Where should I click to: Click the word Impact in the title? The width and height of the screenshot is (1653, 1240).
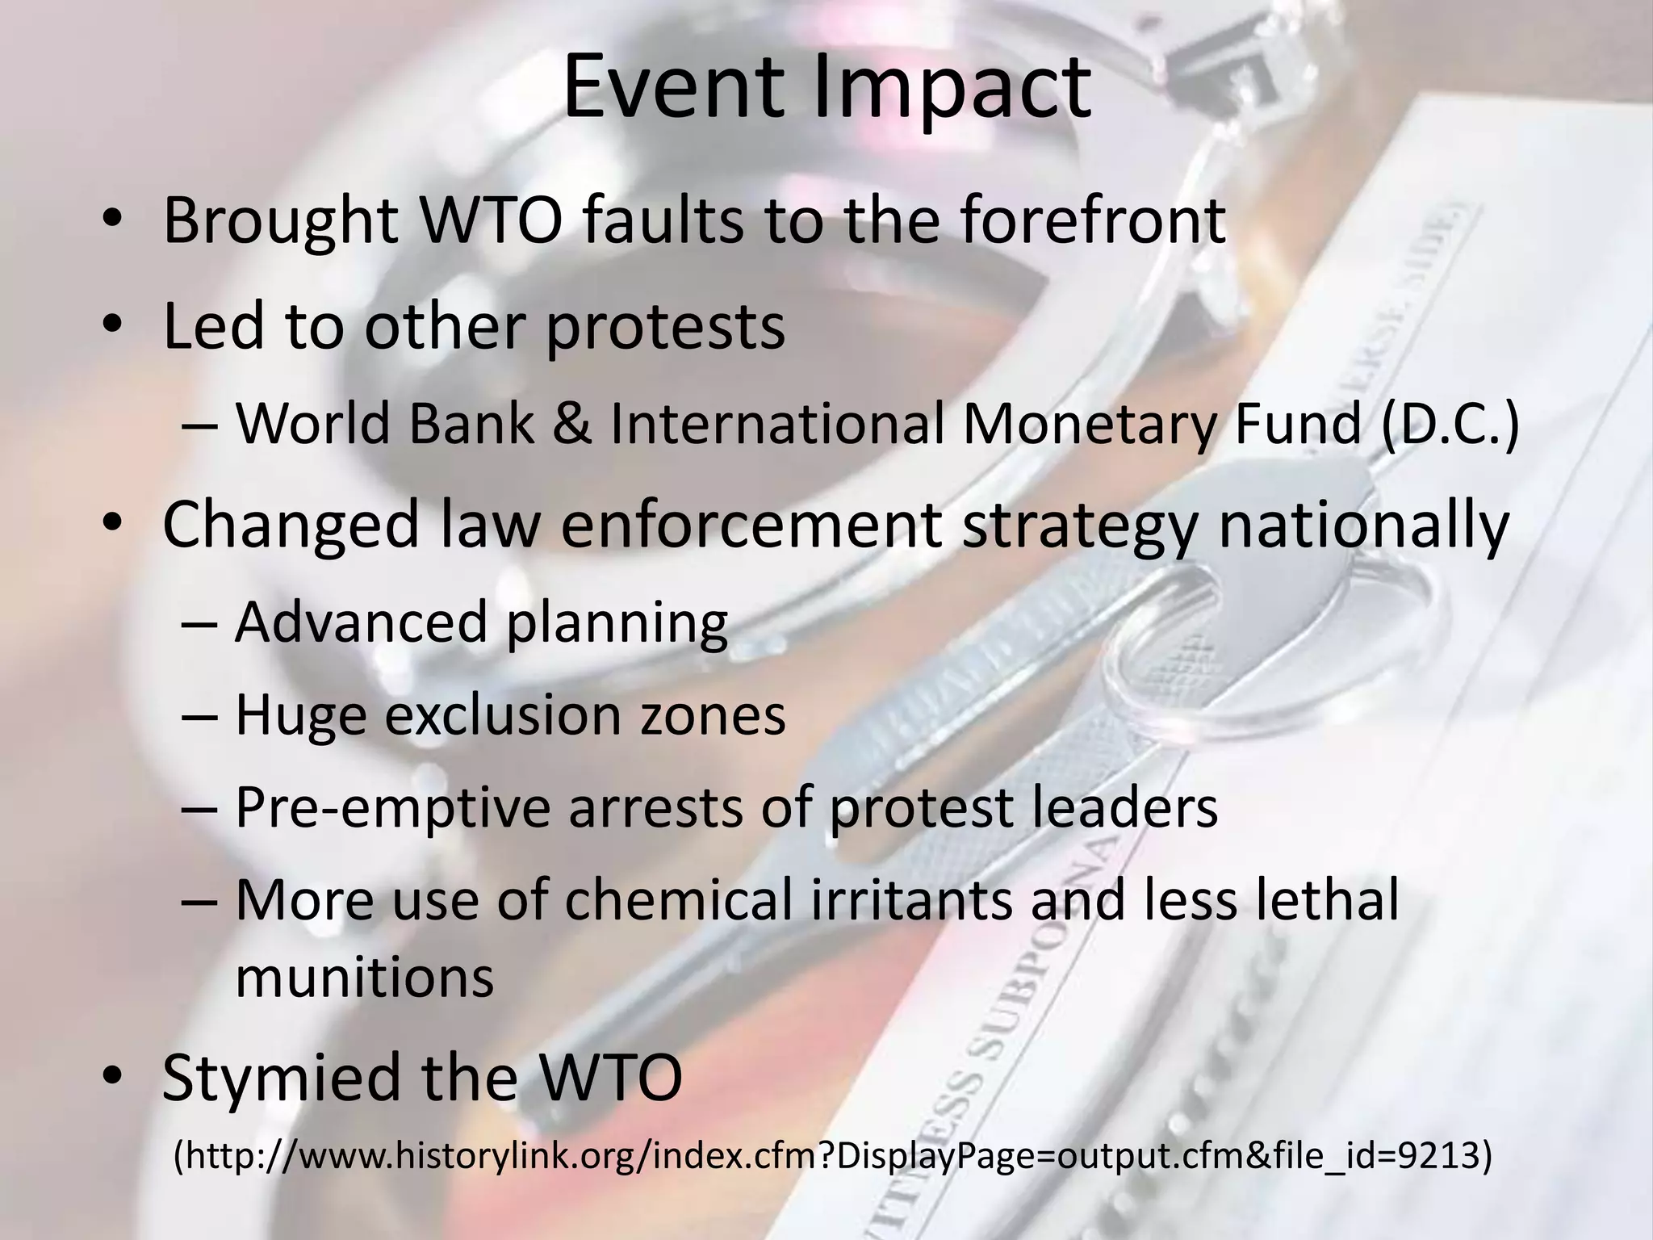952,89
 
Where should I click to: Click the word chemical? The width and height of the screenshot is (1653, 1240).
679,901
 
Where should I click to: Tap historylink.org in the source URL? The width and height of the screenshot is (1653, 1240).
510,1157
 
